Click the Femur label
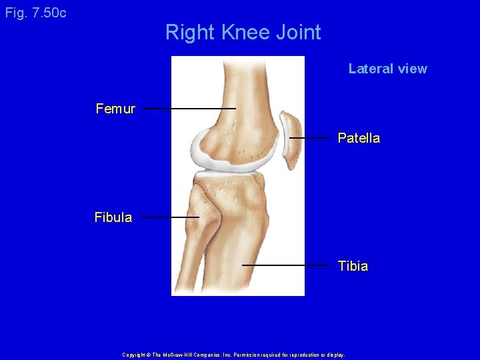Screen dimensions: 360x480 pyautogui.click(x=115, y=109)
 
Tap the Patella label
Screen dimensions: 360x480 pyautogui.click(x=359, y=138)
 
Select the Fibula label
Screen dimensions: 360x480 pyautogui.click(x=113, y=217)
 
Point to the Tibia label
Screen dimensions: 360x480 pyautogui.click(x=353, y=266)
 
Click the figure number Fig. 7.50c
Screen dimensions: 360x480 pyautogui.click(x=35, y=13)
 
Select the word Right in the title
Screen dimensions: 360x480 pyautogui.click(x=189, y=32)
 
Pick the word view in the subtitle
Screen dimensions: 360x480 pyautogui.click(x=412, y=69)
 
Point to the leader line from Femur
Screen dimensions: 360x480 pyautogui.click(x=189, y=108)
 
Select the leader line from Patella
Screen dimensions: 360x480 pyautogui.click(x=309, y=138)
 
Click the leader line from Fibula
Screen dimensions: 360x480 pyautogui.click(x=170, y=217)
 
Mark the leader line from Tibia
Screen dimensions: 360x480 pyautogui.click(x=287, y=265)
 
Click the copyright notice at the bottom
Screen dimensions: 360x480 pyautogui.click(x=233, y=355)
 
